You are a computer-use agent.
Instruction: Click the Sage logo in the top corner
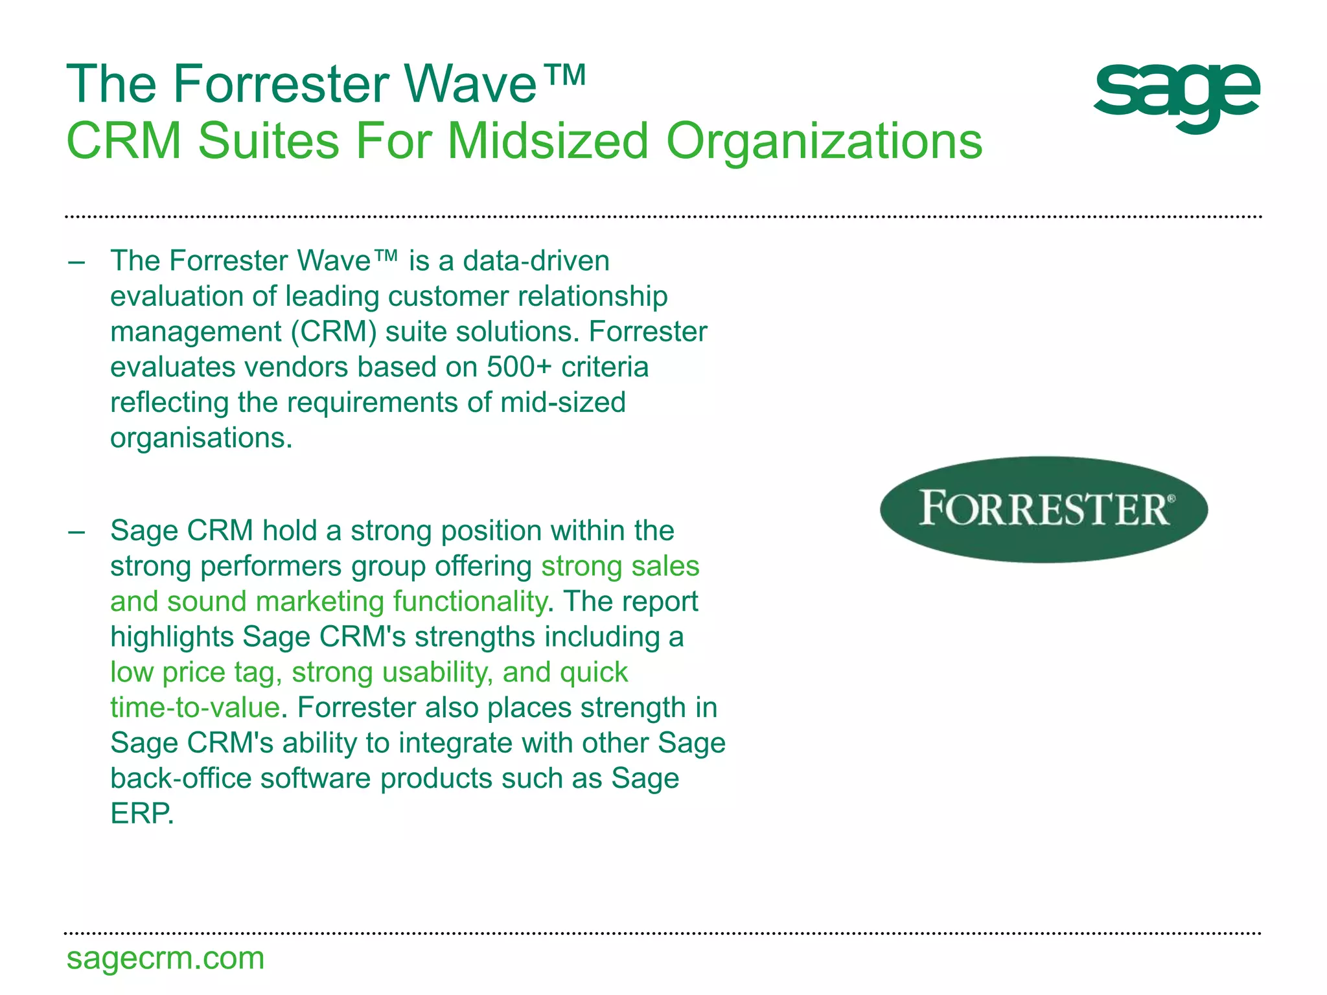[x=1177, y=97]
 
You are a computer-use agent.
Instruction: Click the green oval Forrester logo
[x=1044, y=509]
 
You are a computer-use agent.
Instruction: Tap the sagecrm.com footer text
[x=165, y=958]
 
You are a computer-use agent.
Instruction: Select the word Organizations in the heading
[x=824, y=141]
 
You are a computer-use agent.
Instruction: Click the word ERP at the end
[x=142, y=814]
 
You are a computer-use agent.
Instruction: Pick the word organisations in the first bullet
[x=201, y=438]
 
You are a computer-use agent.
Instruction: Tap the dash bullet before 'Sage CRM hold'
[x=76, y=532]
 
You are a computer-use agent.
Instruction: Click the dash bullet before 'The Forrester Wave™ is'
[x=76, y=262]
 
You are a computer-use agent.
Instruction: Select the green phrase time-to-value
[x=194, y=707]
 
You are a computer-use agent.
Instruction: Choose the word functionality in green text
[x=470, y=602]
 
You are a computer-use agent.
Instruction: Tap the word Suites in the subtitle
[x=268, y=141]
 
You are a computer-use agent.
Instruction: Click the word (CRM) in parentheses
[x=333, y=332]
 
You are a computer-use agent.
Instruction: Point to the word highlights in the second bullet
[x=172, y=637]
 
